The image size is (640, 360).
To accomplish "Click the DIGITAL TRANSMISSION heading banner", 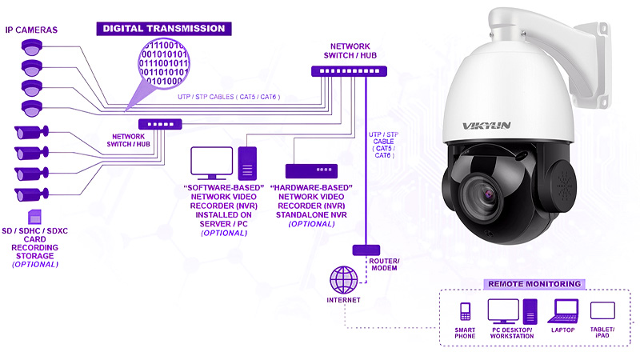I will click(x=162, y=28).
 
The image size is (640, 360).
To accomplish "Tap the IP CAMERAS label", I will click(x=30, y=30).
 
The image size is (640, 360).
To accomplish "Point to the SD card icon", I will click(x=34, y=216).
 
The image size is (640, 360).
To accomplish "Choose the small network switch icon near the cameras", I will click(x=160, y=124).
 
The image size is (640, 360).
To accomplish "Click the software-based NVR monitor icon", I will click(x=211, y=163).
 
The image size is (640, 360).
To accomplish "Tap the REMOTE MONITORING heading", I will click(x=534, y=284).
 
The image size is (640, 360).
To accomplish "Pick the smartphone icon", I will click(x=465, y=311).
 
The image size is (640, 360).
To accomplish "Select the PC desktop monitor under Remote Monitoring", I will click(x=503, y=310).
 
